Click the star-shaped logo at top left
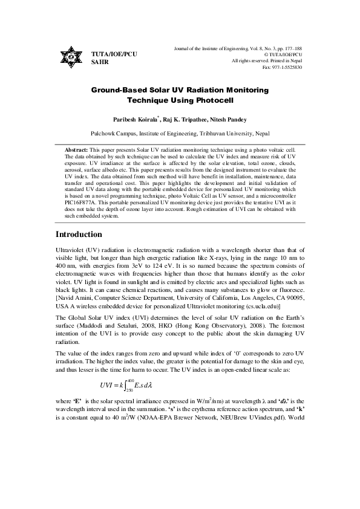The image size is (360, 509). tap(71, 58)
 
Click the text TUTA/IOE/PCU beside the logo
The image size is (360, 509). tap(114, 54)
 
